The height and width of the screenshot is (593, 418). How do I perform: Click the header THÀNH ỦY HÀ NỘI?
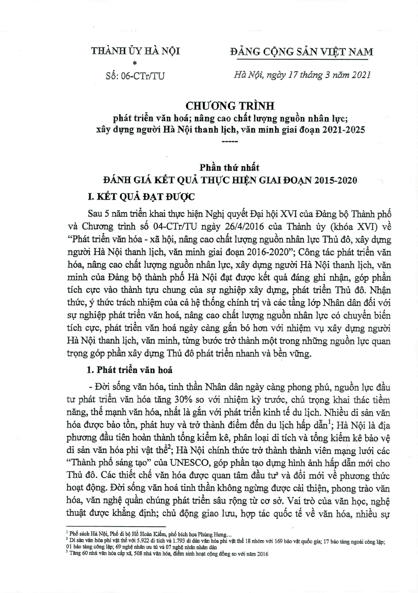(135, 51)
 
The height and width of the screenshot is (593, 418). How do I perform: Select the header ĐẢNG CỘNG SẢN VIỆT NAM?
(301, 52)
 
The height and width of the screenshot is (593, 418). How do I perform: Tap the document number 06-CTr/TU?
(143, 76)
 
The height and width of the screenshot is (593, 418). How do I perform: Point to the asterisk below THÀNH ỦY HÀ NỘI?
(135, 64)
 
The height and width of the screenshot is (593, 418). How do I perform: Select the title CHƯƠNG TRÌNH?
(230, 105)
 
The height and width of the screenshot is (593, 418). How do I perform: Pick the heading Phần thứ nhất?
(230, 168)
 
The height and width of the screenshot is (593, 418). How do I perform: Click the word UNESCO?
(190, 463)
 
